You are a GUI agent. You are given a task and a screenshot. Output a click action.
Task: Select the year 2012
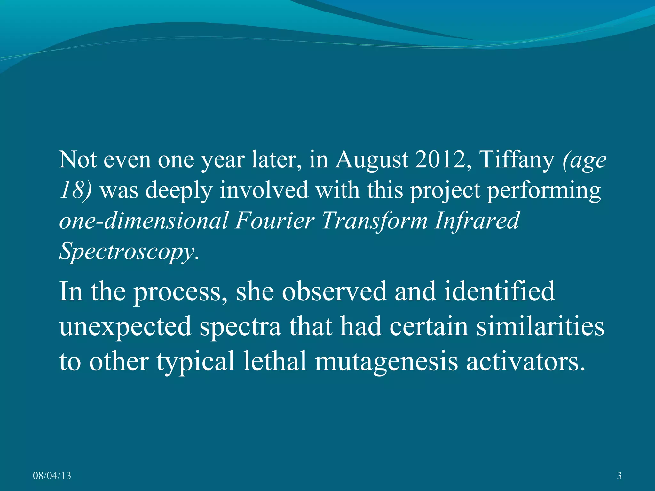[x=443, y=160]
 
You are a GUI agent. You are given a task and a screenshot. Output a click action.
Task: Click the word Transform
[x=374, y=221]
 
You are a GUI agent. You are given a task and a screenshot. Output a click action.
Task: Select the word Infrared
[x=476, y=221]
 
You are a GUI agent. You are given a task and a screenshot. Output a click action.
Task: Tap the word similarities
[x=540, y=326]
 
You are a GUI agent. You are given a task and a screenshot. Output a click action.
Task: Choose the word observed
[x=334, y=291]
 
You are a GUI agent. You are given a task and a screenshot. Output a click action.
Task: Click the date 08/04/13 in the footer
[x=52, y=476]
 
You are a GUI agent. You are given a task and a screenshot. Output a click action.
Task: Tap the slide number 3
[x=619, y=476]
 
